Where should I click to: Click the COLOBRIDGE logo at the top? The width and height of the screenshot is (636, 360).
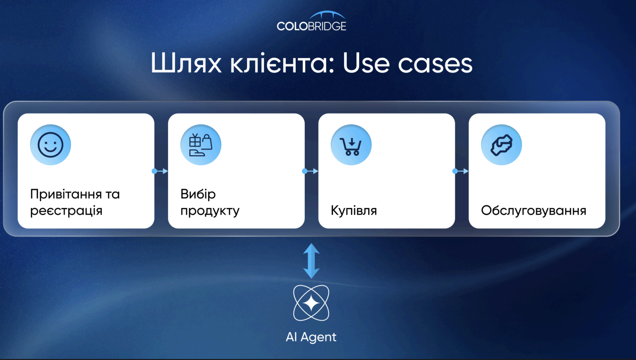311,21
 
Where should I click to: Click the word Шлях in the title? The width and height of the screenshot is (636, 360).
186,63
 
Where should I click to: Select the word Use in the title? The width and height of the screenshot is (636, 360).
366,63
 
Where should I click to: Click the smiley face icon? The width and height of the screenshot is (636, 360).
51,145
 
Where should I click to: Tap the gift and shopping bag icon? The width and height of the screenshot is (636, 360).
201,145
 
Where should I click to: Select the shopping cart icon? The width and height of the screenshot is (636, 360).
351,145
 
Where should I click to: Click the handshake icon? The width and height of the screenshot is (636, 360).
502,145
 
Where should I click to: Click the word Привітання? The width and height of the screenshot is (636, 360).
66,195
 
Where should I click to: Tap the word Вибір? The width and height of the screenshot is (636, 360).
198,195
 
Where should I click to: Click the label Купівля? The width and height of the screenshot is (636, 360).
354,211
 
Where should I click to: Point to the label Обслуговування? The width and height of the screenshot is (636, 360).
533,211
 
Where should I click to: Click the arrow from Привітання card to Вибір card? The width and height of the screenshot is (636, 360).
160,171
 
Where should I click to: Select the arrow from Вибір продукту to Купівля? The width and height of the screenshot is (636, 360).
310,171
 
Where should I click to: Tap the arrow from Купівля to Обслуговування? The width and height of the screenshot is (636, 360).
460,171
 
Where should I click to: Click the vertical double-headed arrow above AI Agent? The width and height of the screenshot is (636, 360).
311,261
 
